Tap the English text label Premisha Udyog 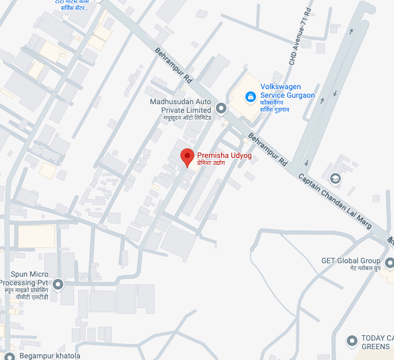224,155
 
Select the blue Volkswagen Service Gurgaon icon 250,97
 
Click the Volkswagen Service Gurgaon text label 287,91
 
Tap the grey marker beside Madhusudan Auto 221,107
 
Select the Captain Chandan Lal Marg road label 335,202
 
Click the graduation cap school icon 335,178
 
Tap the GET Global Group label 351,261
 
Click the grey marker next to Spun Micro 58,284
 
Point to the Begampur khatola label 49,356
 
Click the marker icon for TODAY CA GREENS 352,341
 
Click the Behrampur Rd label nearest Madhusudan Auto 173,65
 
